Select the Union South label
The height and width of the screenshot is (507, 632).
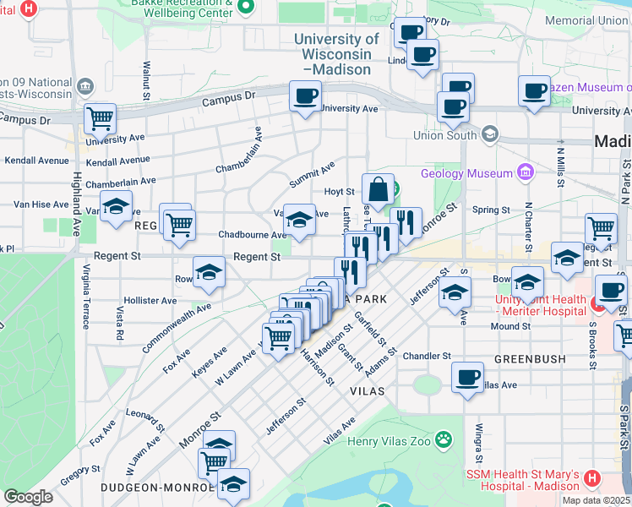tap(445, 135)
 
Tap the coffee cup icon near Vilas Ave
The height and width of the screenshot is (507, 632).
tap(467, 377)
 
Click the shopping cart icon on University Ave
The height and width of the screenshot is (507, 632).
tap(100, 119)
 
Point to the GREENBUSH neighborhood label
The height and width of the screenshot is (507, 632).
tap(530, 359)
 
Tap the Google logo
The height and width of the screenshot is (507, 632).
tap(28, 497)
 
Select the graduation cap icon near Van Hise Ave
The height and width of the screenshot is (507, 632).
tap(116, 206)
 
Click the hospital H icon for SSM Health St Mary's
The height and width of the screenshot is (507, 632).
tap(591, 478)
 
